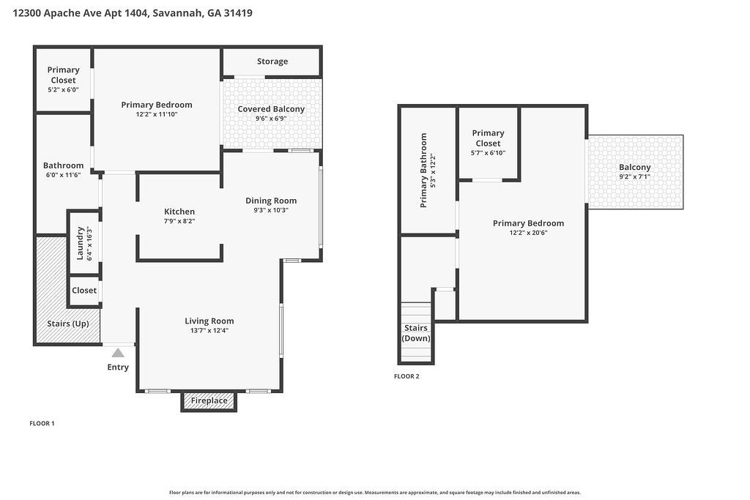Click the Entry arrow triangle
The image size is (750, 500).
click(x=118, y=353)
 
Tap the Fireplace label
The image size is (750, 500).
click(x=209, y=401)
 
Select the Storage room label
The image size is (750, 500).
click(x=272, y=61)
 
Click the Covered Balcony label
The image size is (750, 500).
click(x=271, y=109)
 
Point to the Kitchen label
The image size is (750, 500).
click(x=179, y=212)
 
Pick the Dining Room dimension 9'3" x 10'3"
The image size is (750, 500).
click(x=271, y=210)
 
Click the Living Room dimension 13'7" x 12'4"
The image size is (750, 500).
click(x=209, y=331)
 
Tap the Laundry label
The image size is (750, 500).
click(x=81, y=243)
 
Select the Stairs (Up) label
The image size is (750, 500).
click(x=68, y=324)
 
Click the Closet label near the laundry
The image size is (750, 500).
click(x=84, y=291)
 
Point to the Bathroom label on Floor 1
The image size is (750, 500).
click(x=63, y=165)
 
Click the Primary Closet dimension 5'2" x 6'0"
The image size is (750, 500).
click(x=63, y=90)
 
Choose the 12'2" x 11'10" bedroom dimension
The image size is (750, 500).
click(x=157, y=114)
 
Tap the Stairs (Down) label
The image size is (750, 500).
click(x=416, y=333)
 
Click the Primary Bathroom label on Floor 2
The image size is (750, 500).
click(x=423, y=170)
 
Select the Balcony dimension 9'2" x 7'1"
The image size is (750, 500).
click(x=634, y=176)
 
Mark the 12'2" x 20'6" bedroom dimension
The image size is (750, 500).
click(x=528, y=233)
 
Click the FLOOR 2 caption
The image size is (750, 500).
click(x=406, y=376)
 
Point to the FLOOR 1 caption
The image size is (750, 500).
click(x=42, y=423)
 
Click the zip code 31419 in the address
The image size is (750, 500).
click(x=239, y=13)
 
